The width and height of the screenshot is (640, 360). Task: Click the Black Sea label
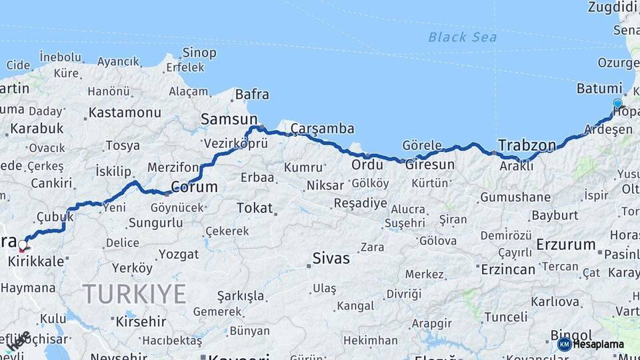[462, 37]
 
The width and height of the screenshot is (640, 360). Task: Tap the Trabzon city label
[527, 145]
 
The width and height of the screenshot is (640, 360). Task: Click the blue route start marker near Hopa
[617, 103]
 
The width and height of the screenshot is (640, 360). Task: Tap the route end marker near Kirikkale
[23, 245]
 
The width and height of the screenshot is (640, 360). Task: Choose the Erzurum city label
[566, 244]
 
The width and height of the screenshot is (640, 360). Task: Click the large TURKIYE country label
[134, 293]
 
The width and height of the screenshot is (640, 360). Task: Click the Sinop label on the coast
[199, 53]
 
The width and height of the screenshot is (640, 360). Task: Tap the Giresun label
[430, 164]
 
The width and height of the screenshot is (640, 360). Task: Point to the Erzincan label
[508, 269]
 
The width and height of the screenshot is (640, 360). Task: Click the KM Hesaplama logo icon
[564, 344]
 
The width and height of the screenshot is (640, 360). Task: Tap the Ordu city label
[367, 164]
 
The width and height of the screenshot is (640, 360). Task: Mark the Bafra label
[252, 95]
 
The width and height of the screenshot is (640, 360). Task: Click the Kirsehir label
[141, 321]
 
